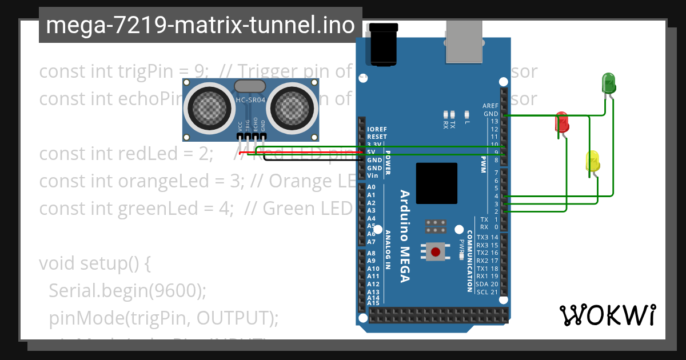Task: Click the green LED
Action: point(608,83)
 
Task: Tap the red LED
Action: point(562,122)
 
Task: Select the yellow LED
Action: point(592,161)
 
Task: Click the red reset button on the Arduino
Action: point(436,251)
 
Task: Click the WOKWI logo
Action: point(607,315)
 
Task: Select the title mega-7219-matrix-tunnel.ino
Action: point(200,25)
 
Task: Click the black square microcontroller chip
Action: point(437,183)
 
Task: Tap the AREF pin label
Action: point(490,106)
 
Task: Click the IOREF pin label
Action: point(377,129)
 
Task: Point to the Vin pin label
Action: point(372,176)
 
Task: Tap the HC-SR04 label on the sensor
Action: point(249,101)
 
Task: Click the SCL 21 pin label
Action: point(487,292)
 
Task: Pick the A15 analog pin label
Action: point(373,303)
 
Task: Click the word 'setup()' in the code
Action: point(108,263)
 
